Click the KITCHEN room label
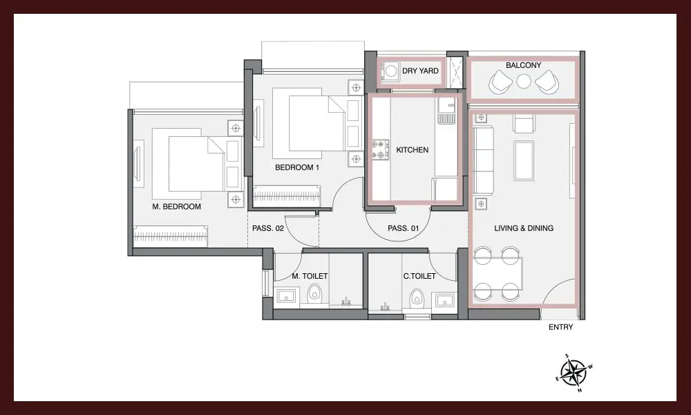pyautogui.click(x=412, y=150)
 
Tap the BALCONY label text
pyautogui.click(x=523, y=65)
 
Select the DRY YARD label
pyautogui.click(x=420, y=71)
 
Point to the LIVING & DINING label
pyautogui.click(x=524, y=228)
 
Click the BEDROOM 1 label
pyautogui.click(x=297, y=167)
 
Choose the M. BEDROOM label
pyautogui.click(x=176, y=206)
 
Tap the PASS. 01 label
pyautogui.click(x=404, y=228)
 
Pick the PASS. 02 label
pyautogui.click(x=268, y=228)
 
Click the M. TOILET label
pyautogui.click(x=310, y=276)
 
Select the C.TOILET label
pyautogui.click(x=419, y=276)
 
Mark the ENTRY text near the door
pyautogui.click(x=560, y=327)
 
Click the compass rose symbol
pyautogui.click(x=574, y=373)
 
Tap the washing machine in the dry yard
pyautogui.click(x=390, y=71)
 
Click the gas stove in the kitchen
pyautogui.click(x=380, y=149)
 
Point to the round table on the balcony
pyautogui.click(x=524, y=82)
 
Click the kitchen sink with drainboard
pyautogui.click(x=446, y=111)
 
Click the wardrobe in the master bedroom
pyautogui.click(x=171, y=237)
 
